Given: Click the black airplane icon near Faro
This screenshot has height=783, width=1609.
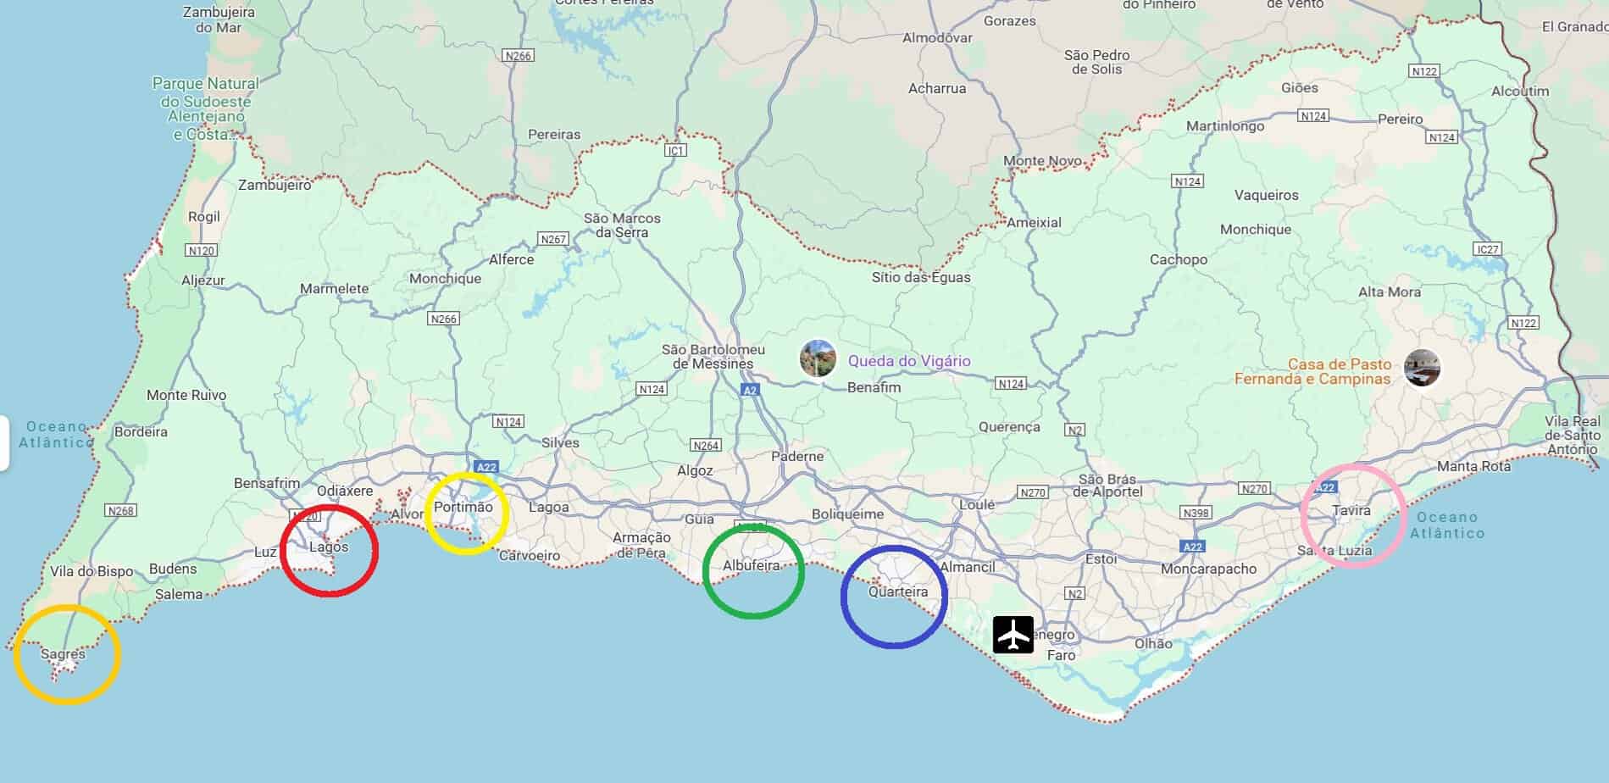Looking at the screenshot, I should tap(1013, 635).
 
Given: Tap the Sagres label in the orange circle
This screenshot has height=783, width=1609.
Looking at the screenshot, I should tap(63, 654).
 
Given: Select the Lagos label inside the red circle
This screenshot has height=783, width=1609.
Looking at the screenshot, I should tap(329, 547).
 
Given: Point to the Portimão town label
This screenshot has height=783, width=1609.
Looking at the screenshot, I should tap(463, 507).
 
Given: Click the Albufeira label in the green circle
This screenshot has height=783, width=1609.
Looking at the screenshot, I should tap(751, 565).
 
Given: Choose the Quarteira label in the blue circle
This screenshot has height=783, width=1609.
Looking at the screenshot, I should tap(898, 591).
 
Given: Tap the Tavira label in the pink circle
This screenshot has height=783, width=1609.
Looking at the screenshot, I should tap(1351, 510).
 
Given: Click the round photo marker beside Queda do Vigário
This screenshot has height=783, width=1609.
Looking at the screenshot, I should tap(818, 359).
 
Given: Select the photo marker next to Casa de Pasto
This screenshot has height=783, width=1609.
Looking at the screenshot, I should tap(1422, 368).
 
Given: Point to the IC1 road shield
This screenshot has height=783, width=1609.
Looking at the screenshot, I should tap(675, 151).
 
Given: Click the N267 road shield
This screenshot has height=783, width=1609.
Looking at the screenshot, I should tap(553, 239).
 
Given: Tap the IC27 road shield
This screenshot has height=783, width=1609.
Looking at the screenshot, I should tap(1487, 249).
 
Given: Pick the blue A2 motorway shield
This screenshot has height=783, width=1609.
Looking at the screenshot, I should tap(750, 390).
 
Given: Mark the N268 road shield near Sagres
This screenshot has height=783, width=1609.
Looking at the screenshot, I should tap(120, 510).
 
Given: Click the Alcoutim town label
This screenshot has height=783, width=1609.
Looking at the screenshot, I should tap(1520, 91).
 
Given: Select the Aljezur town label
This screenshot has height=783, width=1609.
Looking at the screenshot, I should tap(203, 280).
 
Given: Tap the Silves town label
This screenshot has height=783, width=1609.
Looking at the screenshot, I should tap(560, 442).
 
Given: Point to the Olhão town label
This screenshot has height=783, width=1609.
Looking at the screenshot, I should tap(1153, 643).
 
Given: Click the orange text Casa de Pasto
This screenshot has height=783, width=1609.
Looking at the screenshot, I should tap(1339, 364).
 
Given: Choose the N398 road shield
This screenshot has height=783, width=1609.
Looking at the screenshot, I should tap(1196, 513).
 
